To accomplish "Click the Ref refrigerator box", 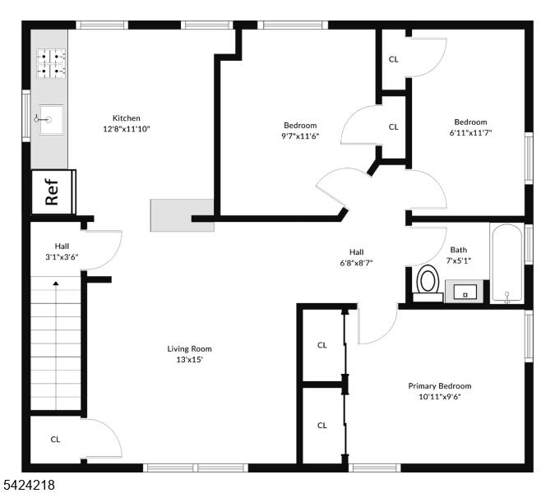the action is click(x=53, y=192).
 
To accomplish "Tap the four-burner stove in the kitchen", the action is click(x=51, y=63).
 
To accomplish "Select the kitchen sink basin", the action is click(x=51, y=119).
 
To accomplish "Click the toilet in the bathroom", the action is click(x=428, y=283).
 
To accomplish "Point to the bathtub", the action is click(x=506, y=262).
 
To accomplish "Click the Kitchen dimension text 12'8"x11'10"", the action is click(x=127, y=129).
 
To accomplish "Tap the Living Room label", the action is click(x=189, y=348).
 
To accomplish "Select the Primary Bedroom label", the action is click(x=440, y=386).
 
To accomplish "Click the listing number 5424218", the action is click(x=30, y=485).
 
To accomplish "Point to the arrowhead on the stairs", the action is click(x=56, y=283).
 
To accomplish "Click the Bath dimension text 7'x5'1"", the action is click(x=458, y=260).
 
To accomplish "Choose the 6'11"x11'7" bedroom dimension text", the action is click(x=470, y=133).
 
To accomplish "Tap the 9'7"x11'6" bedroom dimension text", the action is click(x=300, y=136).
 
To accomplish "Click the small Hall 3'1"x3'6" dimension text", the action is click(x=62, y=257).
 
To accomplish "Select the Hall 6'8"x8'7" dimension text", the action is click(x=356, y=263).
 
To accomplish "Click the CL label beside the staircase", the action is click(x=55, y=440).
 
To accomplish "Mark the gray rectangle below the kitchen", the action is click(x=182, y=215).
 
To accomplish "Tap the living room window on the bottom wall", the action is click(x=196, y=468).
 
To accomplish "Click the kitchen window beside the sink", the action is click(x=26, y=116).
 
